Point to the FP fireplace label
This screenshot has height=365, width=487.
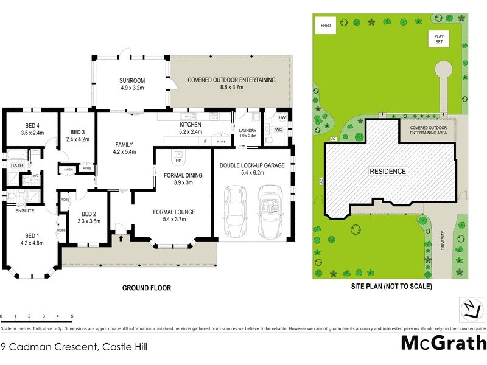[178, 161]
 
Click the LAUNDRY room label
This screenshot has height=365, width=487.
[247, 130]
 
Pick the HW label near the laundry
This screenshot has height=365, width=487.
[282, 117]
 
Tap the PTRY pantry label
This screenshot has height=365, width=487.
[220, 141]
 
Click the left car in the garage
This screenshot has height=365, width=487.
[234, 212]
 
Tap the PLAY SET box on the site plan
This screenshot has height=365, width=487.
[438, 38]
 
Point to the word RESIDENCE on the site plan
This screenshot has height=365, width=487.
[388, 172]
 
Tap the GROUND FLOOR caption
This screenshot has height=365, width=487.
[147, 288]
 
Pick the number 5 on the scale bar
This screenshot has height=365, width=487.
[72, 316]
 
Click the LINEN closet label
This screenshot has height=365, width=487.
[68, 169]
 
